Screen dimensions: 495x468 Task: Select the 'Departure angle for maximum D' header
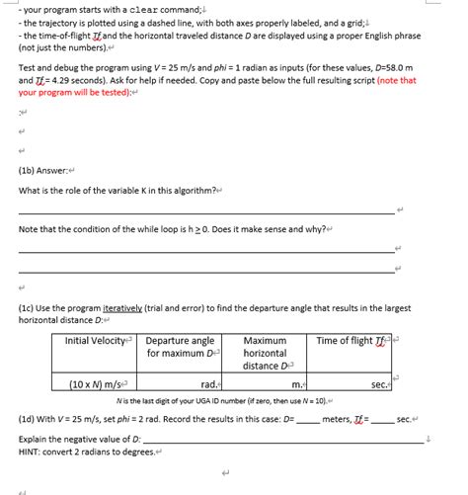[x=181, y=347]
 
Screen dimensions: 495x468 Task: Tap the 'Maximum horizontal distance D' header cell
[x=266, y=353]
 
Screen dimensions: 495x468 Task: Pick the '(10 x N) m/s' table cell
[x=96, y=383]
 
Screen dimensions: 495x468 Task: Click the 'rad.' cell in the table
[x=209, y=383]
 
